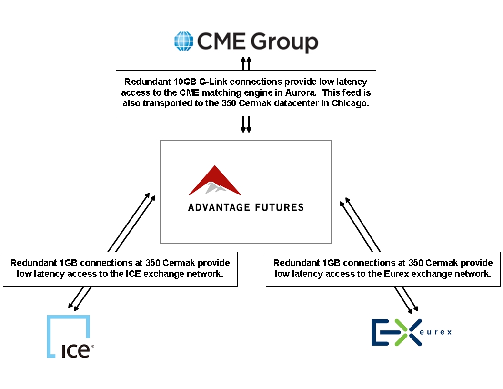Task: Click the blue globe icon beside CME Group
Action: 184,41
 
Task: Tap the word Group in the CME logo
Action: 284,42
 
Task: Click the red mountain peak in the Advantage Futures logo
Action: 215,180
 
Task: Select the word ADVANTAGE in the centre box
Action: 219,207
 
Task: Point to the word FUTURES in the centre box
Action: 280,207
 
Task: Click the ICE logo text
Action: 76,351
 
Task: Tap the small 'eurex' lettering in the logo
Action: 436,332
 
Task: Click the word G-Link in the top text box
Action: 213,82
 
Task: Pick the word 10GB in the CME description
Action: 185,82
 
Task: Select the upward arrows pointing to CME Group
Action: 246,63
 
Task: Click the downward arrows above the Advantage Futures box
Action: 246,124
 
